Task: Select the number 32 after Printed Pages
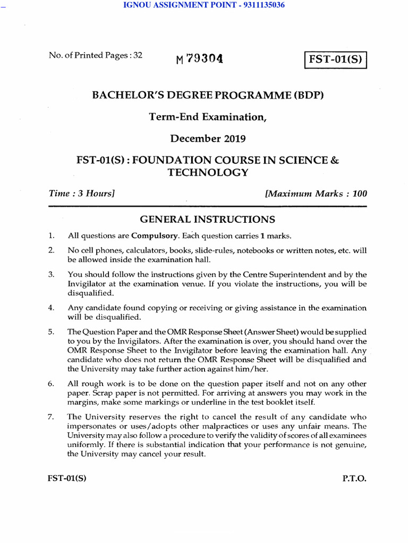click(x=138, y=55)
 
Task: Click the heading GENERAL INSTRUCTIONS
click(x=207, y=219)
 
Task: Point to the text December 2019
click(x=207, y=139)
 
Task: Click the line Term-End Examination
click(x=207, y=117)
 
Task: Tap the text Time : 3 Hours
click(x=82, y=194)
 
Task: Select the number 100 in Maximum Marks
click(x=359, y=194)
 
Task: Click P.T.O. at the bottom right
click(x=354, y=478)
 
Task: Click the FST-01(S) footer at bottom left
click(x=67, y=478)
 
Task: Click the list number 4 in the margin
click(x=51, y=308)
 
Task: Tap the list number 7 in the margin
click(x=51, y=416)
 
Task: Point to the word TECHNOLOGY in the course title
click(x=207, y=172)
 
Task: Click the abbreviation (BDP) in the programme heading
click(x=304, y=95)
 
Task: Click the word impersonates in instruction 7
click(x=92, y=426)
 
